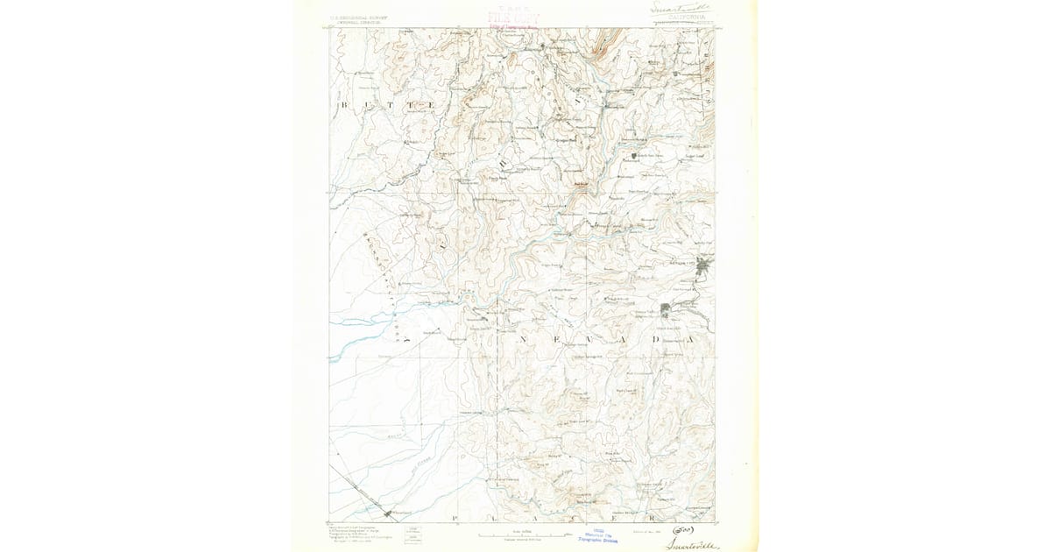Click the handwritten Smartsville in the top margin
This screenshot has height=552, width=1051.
pyautogui.click(x=682, y=7)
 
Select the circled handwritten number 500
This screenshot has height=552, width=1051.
pyautogui.click(x=682, y=529)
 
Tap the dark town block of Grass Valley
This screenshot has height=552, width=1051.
pyautogui.click(x=666, y=308)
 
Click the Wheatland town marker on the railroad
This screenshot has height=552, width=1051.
pyautogui.click(x=387, y=511)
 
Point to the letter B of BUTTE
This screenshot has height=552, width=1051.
pyautogui.click(x=343, y=104)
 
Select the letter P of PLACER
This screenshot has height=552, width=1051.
pyautogui.click(x=456, y=520)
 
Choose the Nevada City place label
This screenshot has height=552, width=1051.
pyautogui.click(x=682, y=261)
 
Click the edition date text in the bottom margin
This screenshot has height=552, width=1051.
pyautogui.click(x=645, y=530)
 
